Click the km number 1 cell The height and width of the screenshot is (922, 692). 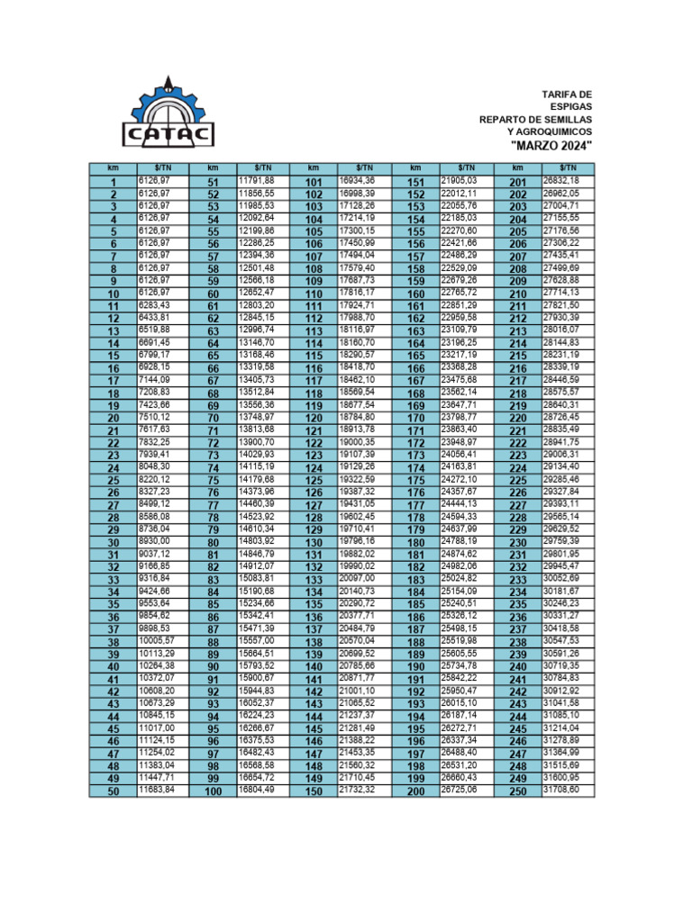click(x=114, y=183)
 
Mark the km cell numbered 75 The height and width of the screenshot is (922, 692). click(x=214, y=481)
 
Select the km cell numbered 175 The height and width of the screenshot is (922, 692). click(x=415, y=481)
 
